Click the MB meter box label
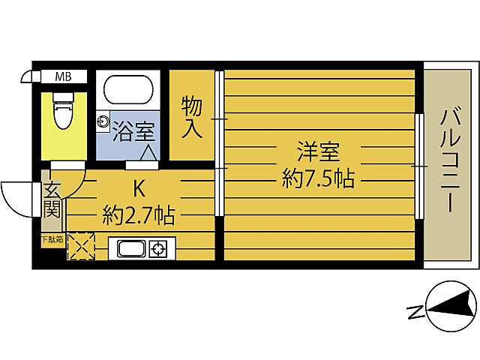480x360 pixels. coord(63,76)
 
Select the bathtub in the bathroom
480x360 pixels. coord(128,91)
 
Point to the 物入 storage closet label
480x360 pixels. coord(192,117)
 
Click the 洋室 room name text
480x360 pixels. coord(318,152)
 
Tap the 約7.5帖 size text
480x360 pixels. coord(318,178)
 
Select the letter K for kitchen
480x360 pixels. coord(139,187)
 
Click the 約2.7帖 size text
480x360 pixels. coord(139,217)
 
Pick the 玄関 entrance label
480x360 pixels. coord(51,196)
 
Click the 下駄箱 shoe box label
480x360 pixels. coord(52,240)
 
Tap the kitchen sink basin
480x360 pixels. coord(130,249)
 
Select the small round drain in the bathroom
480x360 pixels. coord(103,120)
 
